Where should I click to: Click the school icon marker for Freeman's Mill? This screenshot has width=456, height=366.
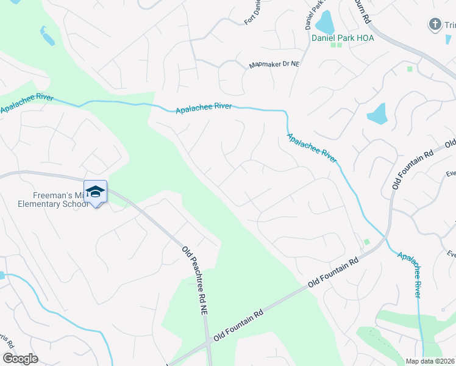(x=95, y=192)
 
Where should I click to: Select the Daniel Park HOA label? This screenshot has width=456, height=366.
(x=342, y=38)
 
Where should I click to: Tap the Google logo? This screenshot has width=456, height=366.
(x=20, y=358)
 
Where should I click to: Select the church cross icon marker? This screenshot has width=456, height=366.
(x=435, y=24)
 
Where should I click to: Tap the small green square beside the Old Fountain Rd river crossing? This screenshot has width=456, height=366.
(x=367, y=242)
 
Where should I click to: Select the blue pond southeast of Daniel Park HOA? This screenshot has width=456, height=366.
(x=377, y=113)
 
